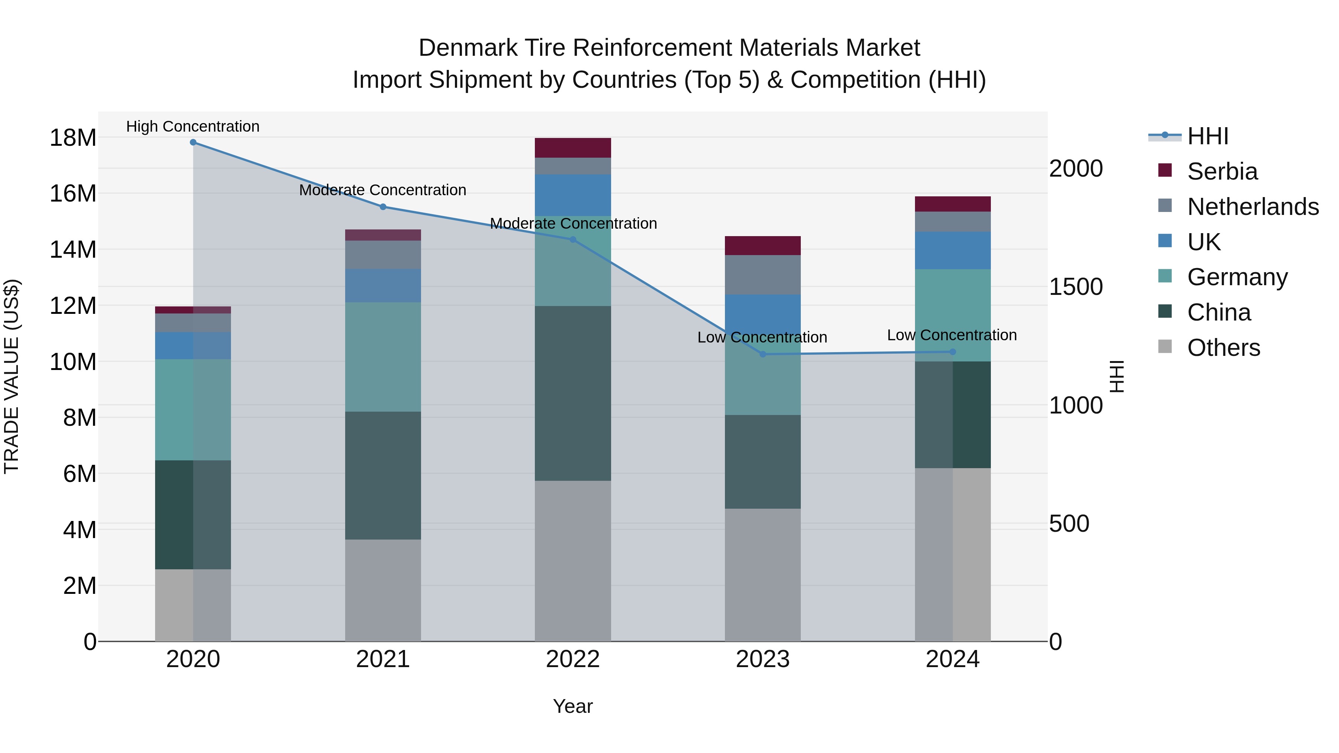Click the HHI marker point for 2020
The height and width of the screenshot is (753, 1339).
click(x=193, y=142)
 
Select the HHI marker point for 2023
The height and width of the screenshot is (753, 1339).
click(x=762, y=354)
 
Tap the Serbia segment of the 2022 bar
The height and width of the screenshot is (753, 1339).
click(x=573, y=148)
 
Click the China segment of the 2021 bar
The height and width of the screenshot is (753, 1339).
click(x=383, y=476)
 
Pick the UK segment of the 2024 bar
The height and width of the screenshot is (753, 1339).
click(x=953, y=251)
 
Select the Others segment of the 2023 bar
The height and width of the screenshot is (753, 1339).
click(x=762, y=575)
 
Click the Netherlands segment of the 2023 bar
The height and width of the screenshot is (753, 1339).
click(x=762, y=275)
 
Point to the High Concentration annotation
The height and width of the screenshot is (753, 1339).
click(x=193, y=127)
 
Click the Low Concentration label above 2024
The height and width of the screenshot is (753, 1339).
click(x=952, y=335)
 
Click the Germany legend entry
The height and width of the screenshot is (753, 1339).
click(x=1237, y=277)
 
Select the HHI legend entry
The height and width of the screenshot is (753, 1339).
click(x=1207, y=136)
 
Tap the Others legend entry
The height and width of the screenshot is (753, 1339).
click(x=1223, y=348)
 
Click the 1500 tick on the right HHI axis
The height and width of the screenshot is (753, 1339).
click(x=1075, y=287)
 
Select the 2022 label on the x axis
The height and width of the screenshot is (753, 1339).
click(x=573, y=659)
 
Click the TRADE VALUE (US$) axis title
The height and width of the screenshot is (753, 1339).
click(x=12, y=376)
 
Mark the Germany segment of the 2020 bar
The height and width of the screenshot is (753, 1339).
click(x=193, y=409)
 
